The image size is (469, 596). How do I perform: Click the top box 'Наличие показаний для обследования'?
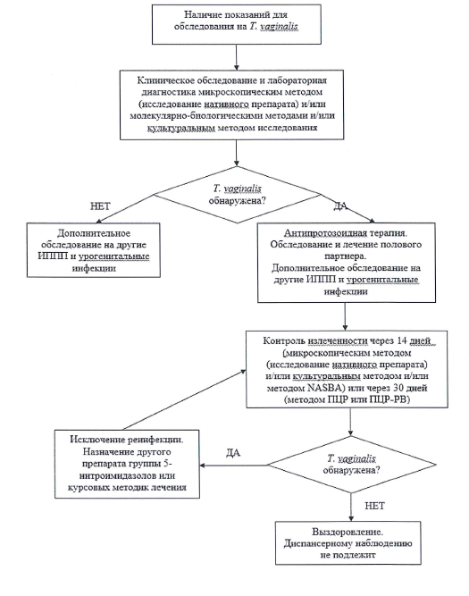pyautogui.click(x=237, y=24)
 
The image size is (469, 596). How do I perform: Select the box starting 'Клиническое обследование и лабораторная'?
pyautogui.click(x=232, y=105)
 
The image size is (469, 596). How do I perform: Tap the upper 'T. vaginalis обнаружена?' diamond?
pyautogui.click(x=237, y=195)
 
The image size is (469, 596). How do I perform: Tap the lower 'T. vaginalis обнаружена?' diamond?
pyautogui.click(x=351, y=465)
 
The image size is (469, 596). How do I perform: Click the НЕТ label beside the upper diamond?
pyautogui.click(x=100, y=206)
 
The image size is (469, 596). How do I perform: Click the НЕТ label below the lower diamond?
pyautogui.click(x=374, y=506)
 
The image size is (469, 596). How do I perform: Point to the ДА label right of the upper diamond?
pyautogui.click(x=340, y=206)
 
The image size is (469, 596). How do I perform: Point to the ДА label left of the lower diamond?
pyautogui.click(x=233, y=453)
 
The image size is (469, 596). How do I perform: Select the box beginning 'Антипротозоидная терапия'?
pyautogui.click(x=347, y=263)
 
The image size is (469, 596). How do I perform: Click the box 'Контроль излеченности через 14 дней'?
pyautogui.click(x=347, y=369)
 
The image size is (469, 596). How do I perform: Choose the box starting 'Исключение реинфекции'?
pyautogui.click(x=127, y=464)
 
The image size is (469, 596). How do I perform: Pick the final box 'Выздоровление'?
pyautogui.click(x=348, y=542)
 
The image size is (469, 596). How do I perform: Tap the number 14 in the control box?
pyautogui.click(x=402, y=340)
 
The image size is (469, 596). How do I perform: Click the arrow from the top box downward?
pyautogui.click(x=237, y=57)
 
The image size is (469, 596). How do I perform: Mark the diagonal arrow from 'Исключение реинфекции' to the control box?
pyautogui.click(x=185, y=400)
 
